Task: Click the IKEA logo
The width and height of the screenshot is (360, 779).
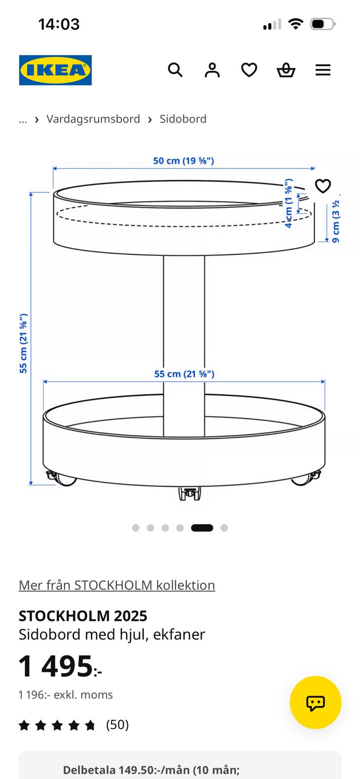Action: pos(56,70)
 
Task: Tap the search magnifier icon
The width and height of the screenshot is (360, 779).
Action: pos(175,70)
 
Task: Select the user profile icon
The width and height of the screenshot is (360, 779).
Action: pos(212,70)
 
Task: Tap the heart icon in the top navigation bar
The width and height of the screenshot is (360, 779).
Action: pos(249,70)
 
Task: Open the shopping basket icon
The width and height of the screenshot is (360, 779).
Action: pos(286,70)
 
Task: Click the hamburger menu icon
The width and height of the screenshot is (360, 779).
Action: pos(323,70)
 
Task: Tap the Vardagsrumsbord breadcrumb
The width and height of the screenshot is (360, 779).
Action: pos(93,119)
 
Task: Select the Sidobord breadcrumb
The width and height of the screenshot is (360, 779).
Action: pos(183,119)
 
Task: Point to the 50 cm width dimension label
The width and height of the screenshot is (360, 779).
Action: pos(184,161)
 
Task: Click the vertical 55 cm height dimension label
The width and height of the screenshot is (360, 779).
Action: pos(23,344)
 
